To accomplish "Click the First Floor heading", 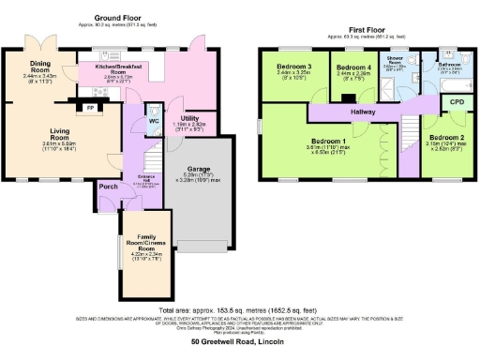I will pyautogui.click(x=367, y=32).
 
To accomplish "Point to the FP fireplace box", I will pyautogui.click(x=90, y=108).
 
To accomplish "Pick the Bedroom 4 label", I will pyautogui.click(x=354, y=68).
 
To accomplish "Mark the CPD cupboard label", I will pyautogui.click(x=457, y=101).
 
